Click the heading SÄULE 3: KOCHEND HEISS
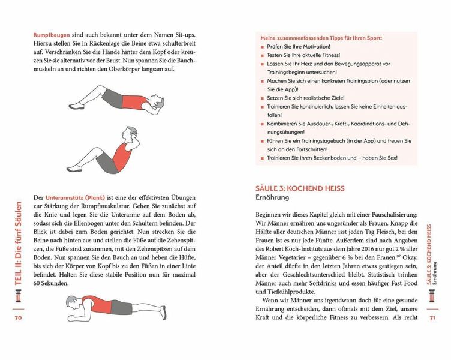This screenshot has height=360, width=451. (x=300, y=188)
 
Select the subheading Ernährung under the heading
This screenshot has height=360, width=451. (x=272, y=197)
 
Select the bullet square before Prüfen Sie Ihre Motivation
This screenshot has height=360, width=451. (x=263, y=47)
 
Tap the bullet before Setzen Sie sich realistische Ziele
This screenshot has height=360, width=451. (x=263, y=97)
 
